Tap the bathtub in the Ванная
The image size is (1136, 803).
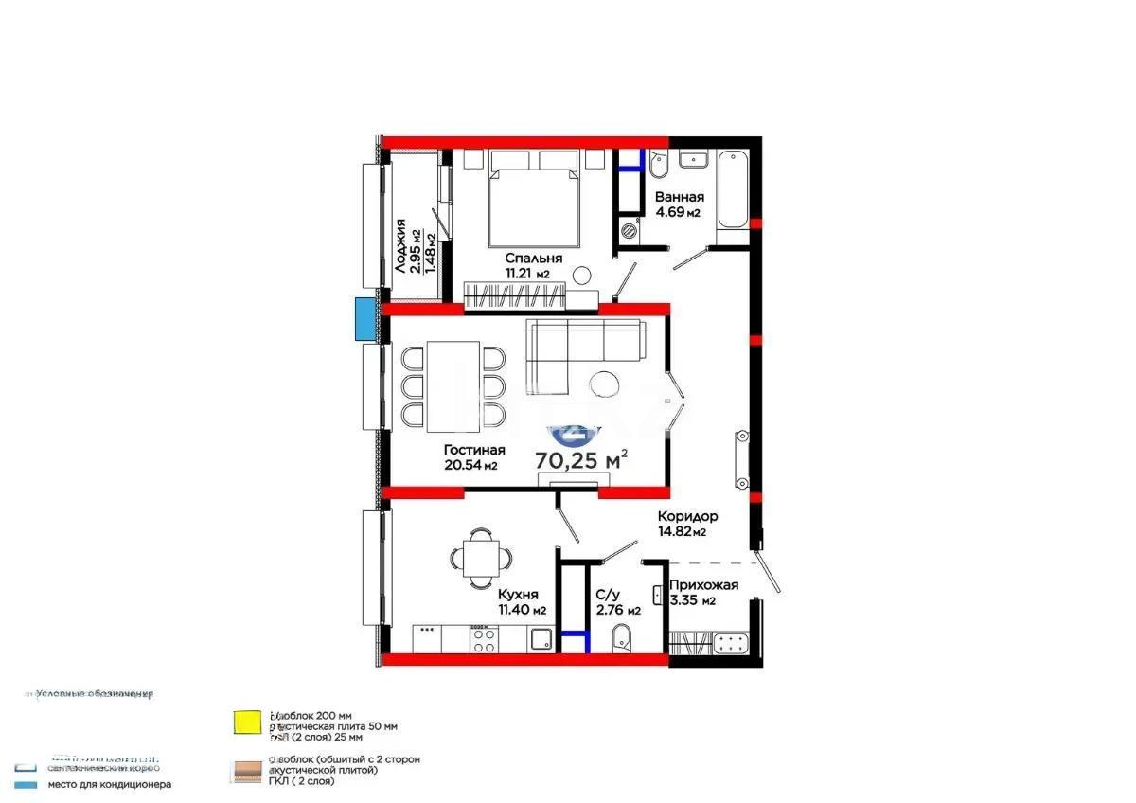pos(732,190)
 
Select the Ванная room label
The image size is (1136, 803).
pos(679,197)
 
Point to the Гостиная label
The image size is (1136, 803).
pos(474,450)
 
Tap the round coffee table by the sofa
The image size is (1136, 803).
pos(602,384)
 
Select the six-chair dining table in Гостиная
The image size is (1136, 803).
pos(453,385)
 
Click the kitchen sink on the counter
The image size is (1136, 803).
pos(541,640)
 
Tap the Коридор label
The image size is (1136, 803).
pos(688,516)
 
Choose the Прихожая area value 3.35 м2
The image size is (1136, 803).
pos(692,600)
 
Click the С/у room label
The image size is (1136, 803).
pos(608,595)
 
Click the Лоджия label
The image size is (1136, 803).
pos(401,246)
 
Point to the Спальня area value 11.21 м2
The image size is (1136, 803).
pos(529,274)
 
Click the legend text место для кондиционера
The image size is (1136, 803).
pos(110,784)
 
